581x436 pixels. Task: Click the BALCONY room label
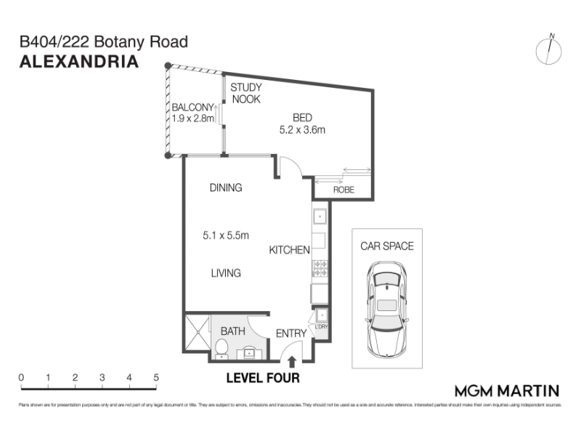[192, 106]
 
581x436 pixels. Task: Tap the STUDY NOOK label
[245, 93]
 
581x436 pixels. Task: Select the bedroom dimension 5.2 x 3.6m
[302, 130]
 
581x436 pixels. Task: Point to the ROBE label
[344, 190]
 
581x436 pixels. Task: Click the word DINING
[225, 187]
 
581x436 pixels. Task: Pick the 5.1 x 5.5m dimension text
[226, 235]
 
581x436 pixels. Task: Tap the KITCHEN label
[289, 250]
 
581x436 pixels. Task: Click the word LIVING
[226, 273]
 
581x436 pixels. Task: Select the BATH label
[232, 331]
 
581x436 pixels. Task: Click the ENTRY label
[291, 334]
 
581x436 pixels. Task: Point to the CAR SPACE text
[387, 246]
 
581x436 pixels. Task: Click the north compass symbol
[549, 49]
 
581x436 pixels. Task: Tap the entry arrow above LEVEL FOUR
[292, 360]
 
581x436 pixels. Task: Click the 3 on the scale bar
[102, 378]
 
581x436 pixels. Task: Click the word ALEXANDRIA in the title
[78, 62]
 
